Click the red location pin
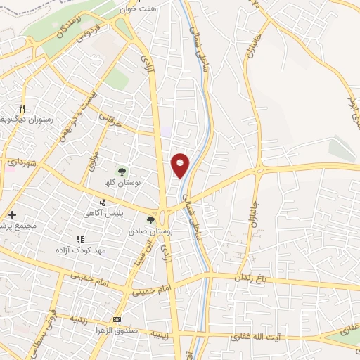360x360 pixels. pos(181,165)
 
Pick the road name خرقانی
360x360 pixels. pos(111,120)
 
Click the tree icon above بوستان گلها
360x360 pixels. pos(121,170)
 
